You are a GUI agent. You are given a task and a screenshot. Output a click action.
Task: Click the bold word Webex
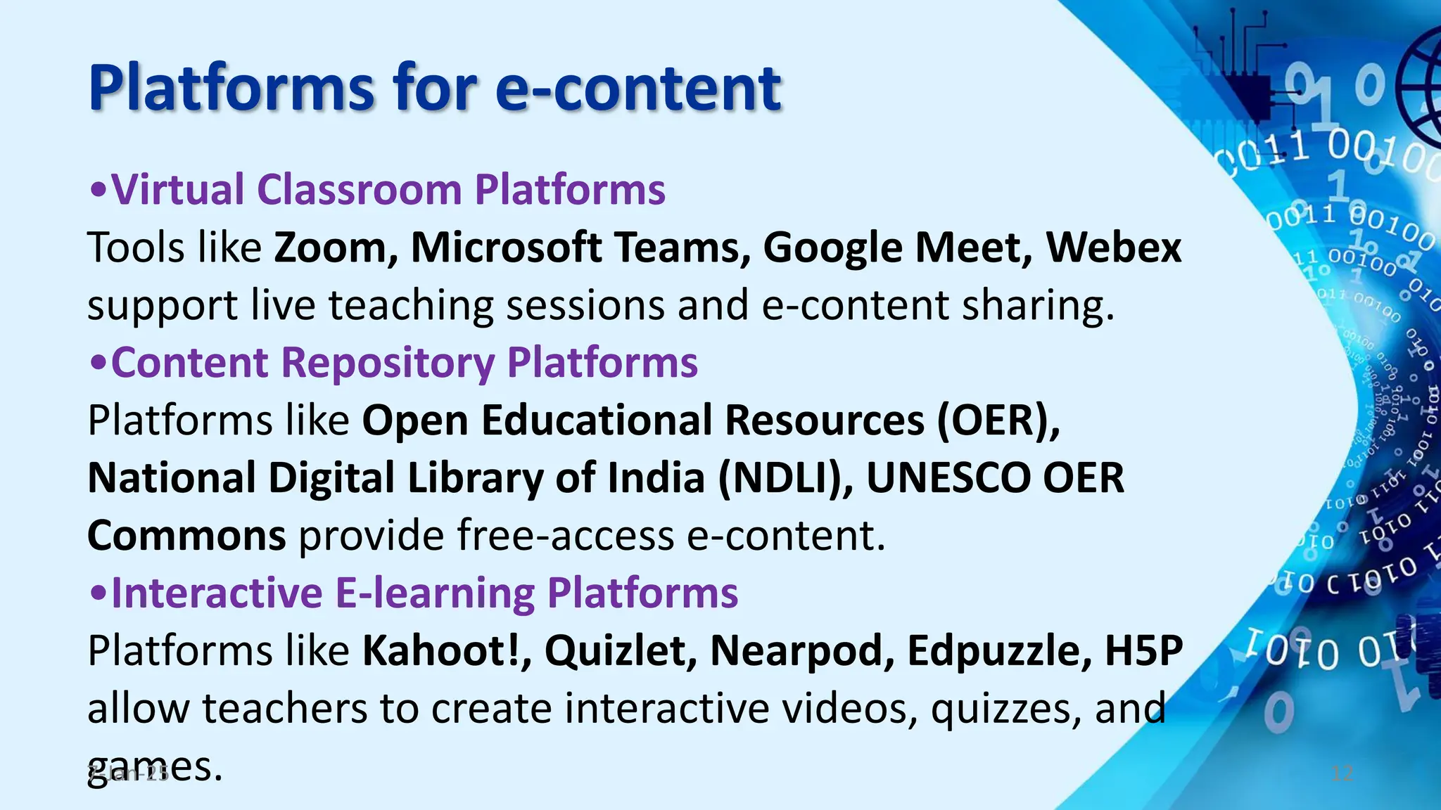pos(1113,248)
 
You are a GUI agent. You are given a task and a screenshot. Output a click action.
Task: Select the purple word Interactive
pos(217,593)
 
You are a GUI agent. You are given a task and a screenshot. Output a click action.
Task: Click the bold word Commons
pos(186,536)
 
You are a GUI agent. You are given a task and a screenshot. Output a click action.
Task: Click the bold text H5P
pos(1144,650)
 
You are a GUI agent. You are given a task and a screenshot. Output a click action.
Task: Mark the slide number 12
pos(1342,774)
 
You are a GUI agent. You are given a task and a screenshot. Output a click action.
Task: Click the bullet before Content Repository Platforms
pos(99,364)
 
